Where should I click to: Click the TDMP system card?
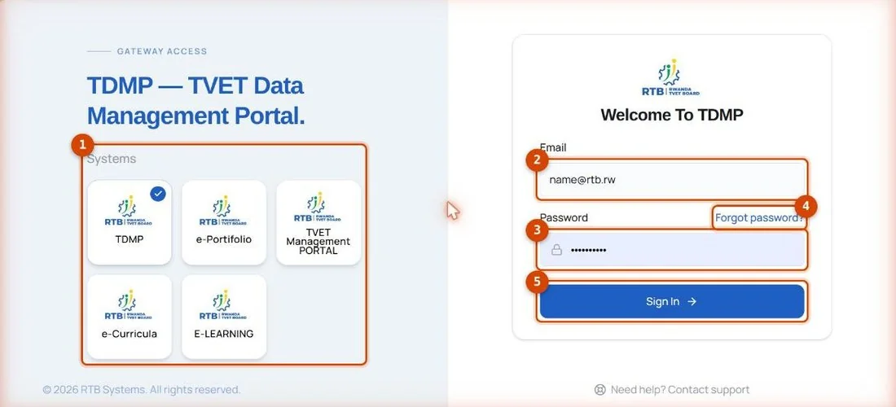[130, 222]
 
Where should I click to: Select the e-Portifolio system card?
[224, 222]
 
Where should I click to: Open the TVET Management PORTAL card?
[318, 222]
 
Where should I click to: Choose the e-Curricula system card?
[130, 317]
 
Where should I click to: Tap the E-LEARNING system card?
[224, 317]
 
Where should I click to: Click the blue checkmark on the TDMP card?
[158, 194]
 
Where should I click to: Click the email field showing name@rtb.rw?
[672, 180]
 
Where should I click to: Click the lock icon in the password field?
[556, 250]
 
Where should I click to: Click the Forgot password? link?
[759, 217]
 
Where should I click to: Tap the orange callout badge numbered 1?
[82, 146]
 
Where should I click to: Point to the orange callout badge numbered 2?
[537, 160]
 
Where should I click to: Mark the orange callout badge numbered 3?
[537, 230]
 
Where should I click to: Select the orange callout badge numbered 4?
[806, 206]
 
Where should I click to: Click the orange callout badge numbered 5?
[537, 282]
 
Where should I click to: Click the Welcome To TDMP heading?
[672, 115]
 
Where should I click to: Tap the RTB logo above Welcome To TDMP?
[671, 77]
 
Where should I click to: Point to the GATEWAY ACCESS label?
[162, 51]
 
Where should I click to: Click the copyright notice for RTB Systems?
[142, 390]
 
